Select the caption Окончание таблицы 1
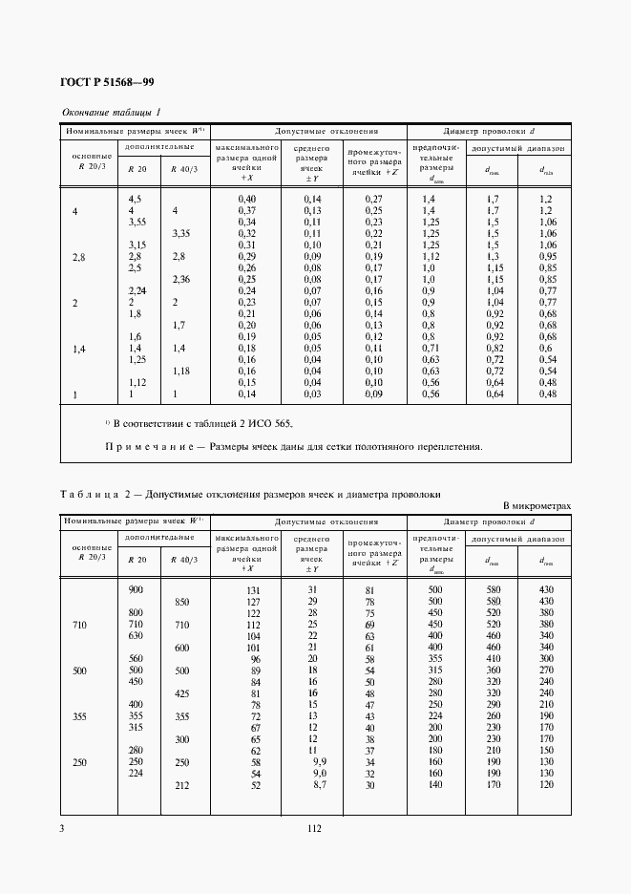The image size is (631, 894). (112, 113)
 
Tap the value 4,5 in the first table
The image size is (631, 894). (135, 198)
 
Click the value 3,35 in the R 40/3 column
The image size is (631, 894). (181, 233)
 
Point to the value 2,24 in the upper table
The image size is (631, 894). (137, 290)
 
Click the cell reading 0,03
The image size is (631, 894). (311, 394)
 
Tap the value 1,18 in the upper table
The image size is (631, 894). (181, 372)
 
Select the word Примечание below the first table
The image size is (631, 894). (146, 446)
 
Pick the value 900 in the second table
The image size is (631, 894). (136, 589)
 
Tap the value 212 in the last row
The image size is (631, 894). (181, 785)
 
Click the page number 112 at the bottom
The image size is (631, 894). (314, 829)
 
